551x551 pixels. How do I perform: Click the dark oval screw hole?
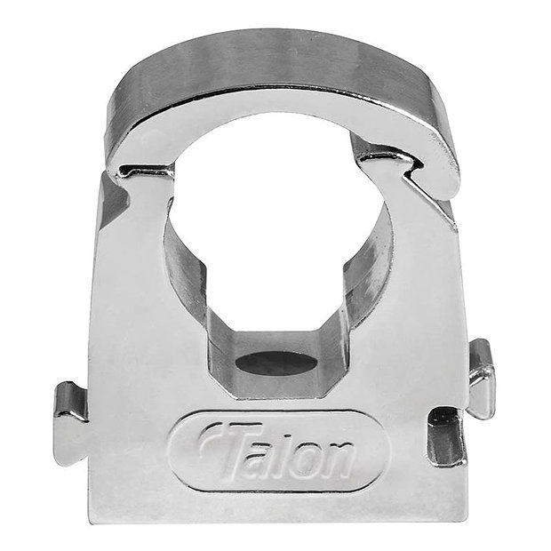coord(278,363)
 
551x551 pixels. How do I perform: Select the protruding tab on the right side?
coord(481,377)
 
